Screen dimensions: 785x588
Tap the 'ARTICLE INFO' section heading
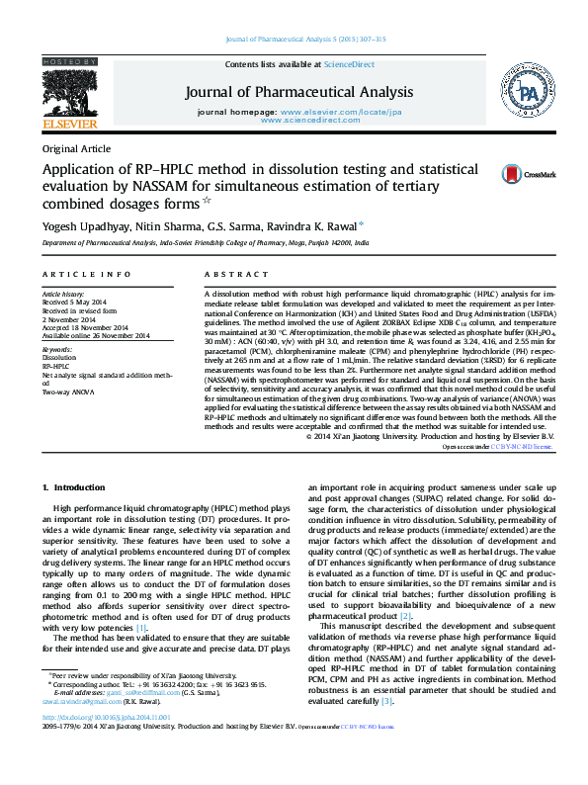click(86, 273)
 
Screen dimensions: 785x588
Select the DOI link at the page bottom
click(106, 743)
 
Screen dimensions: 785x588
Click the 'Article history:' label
click(63, 295)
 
